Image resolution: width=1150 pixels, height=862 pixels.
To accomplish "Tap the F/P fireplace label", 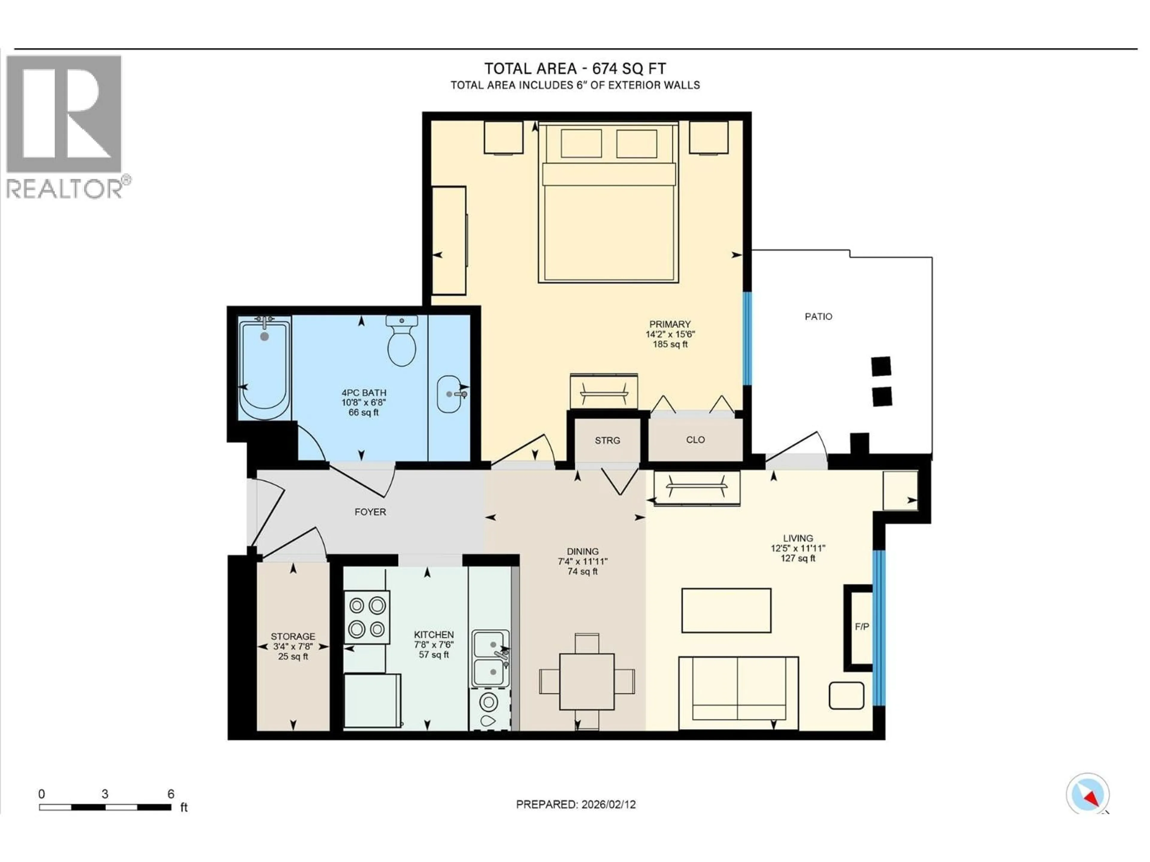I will coord(862,627).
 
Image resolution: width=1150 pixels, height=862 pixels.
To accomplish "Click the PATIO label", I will coord(818,316).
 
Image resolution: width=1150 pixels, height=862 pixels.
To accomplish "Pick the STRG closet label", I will coord(607,441).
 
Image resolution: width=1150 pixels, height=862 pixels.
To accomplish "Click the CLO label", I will coord(695,440).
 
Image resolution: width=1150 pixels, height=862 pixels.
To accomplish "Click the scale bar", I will coord(105,807).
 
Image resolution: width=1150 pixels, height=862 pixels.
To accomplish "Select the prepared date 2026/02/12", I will coord(608,804).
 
